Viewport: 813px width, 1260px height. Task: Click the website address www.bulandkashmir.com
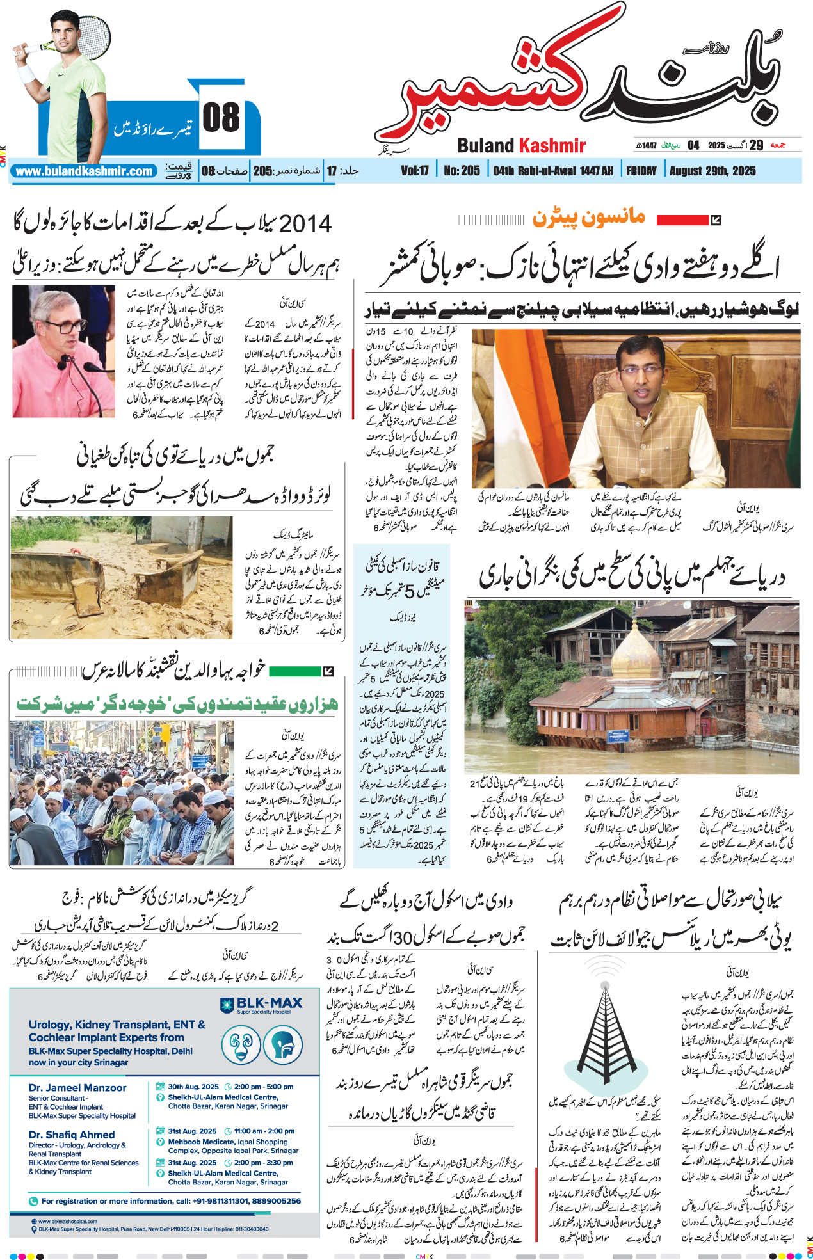pyautogui.click(x=84, y=171)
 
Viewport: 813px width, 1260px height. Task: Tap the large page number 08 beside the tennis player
pyautogui.click(x=221, y=118)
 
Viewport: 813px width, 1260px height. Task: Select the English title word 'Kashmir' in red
pyautogui.click(x=552, y=146)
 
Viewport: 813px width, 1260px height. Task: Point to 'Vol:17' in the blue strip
pyautogui.click(x=415, y=171)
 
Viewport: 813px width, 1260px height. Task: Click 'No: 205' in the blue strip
pyautogui.click(x=462, y=171)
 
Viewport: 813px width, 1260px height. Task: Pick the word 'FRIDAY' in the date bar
pyautogui.click(x=641, y=171)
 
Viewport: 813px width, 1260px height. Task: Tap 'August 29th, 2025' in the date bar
pyautogui.click(x=712, y=171)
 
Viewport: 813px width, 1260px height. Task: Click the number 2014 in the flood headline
pyautogui.click(x=305, y=224)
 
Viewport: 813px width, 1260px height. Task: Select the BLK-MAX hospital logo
pyautogui.click(x=262, y=1005)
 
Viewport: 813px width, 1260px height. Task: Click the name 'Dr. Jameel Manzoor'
pyautogui.click(x=77, y=1088)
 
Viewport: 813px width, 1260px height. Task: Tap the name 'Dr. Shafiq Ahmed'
pyautogui.click(x=72, y=1135)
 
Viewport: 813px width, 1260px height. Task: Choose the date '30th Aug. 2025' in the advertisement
pyautogui.click(x=193, y=1087)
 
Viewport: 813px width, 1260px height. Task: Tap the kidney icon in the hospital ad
pyautogui.click(x=241, y=1045)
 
